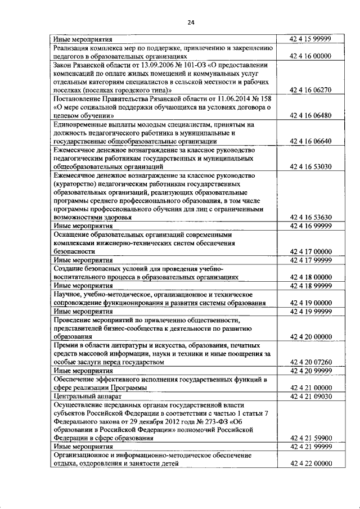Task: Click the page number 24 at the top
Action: coord(191,22)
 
